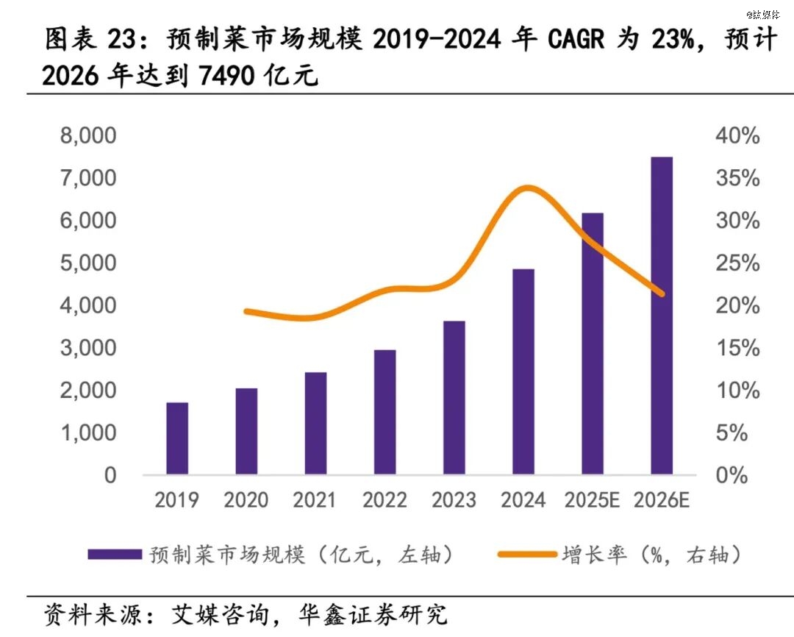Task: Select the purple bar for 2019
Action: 177,438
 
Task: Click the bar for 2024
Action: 523,371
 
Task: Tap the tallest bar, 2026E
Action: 662,316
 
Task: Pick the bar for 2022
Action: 385,412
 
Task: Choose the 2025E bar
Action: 593,344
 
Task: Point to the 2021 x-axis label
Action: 314,500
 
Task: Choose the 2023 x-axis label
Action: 454,500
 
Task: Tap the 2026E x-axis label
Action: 662,500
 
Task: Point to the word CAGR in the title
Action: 576,39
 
